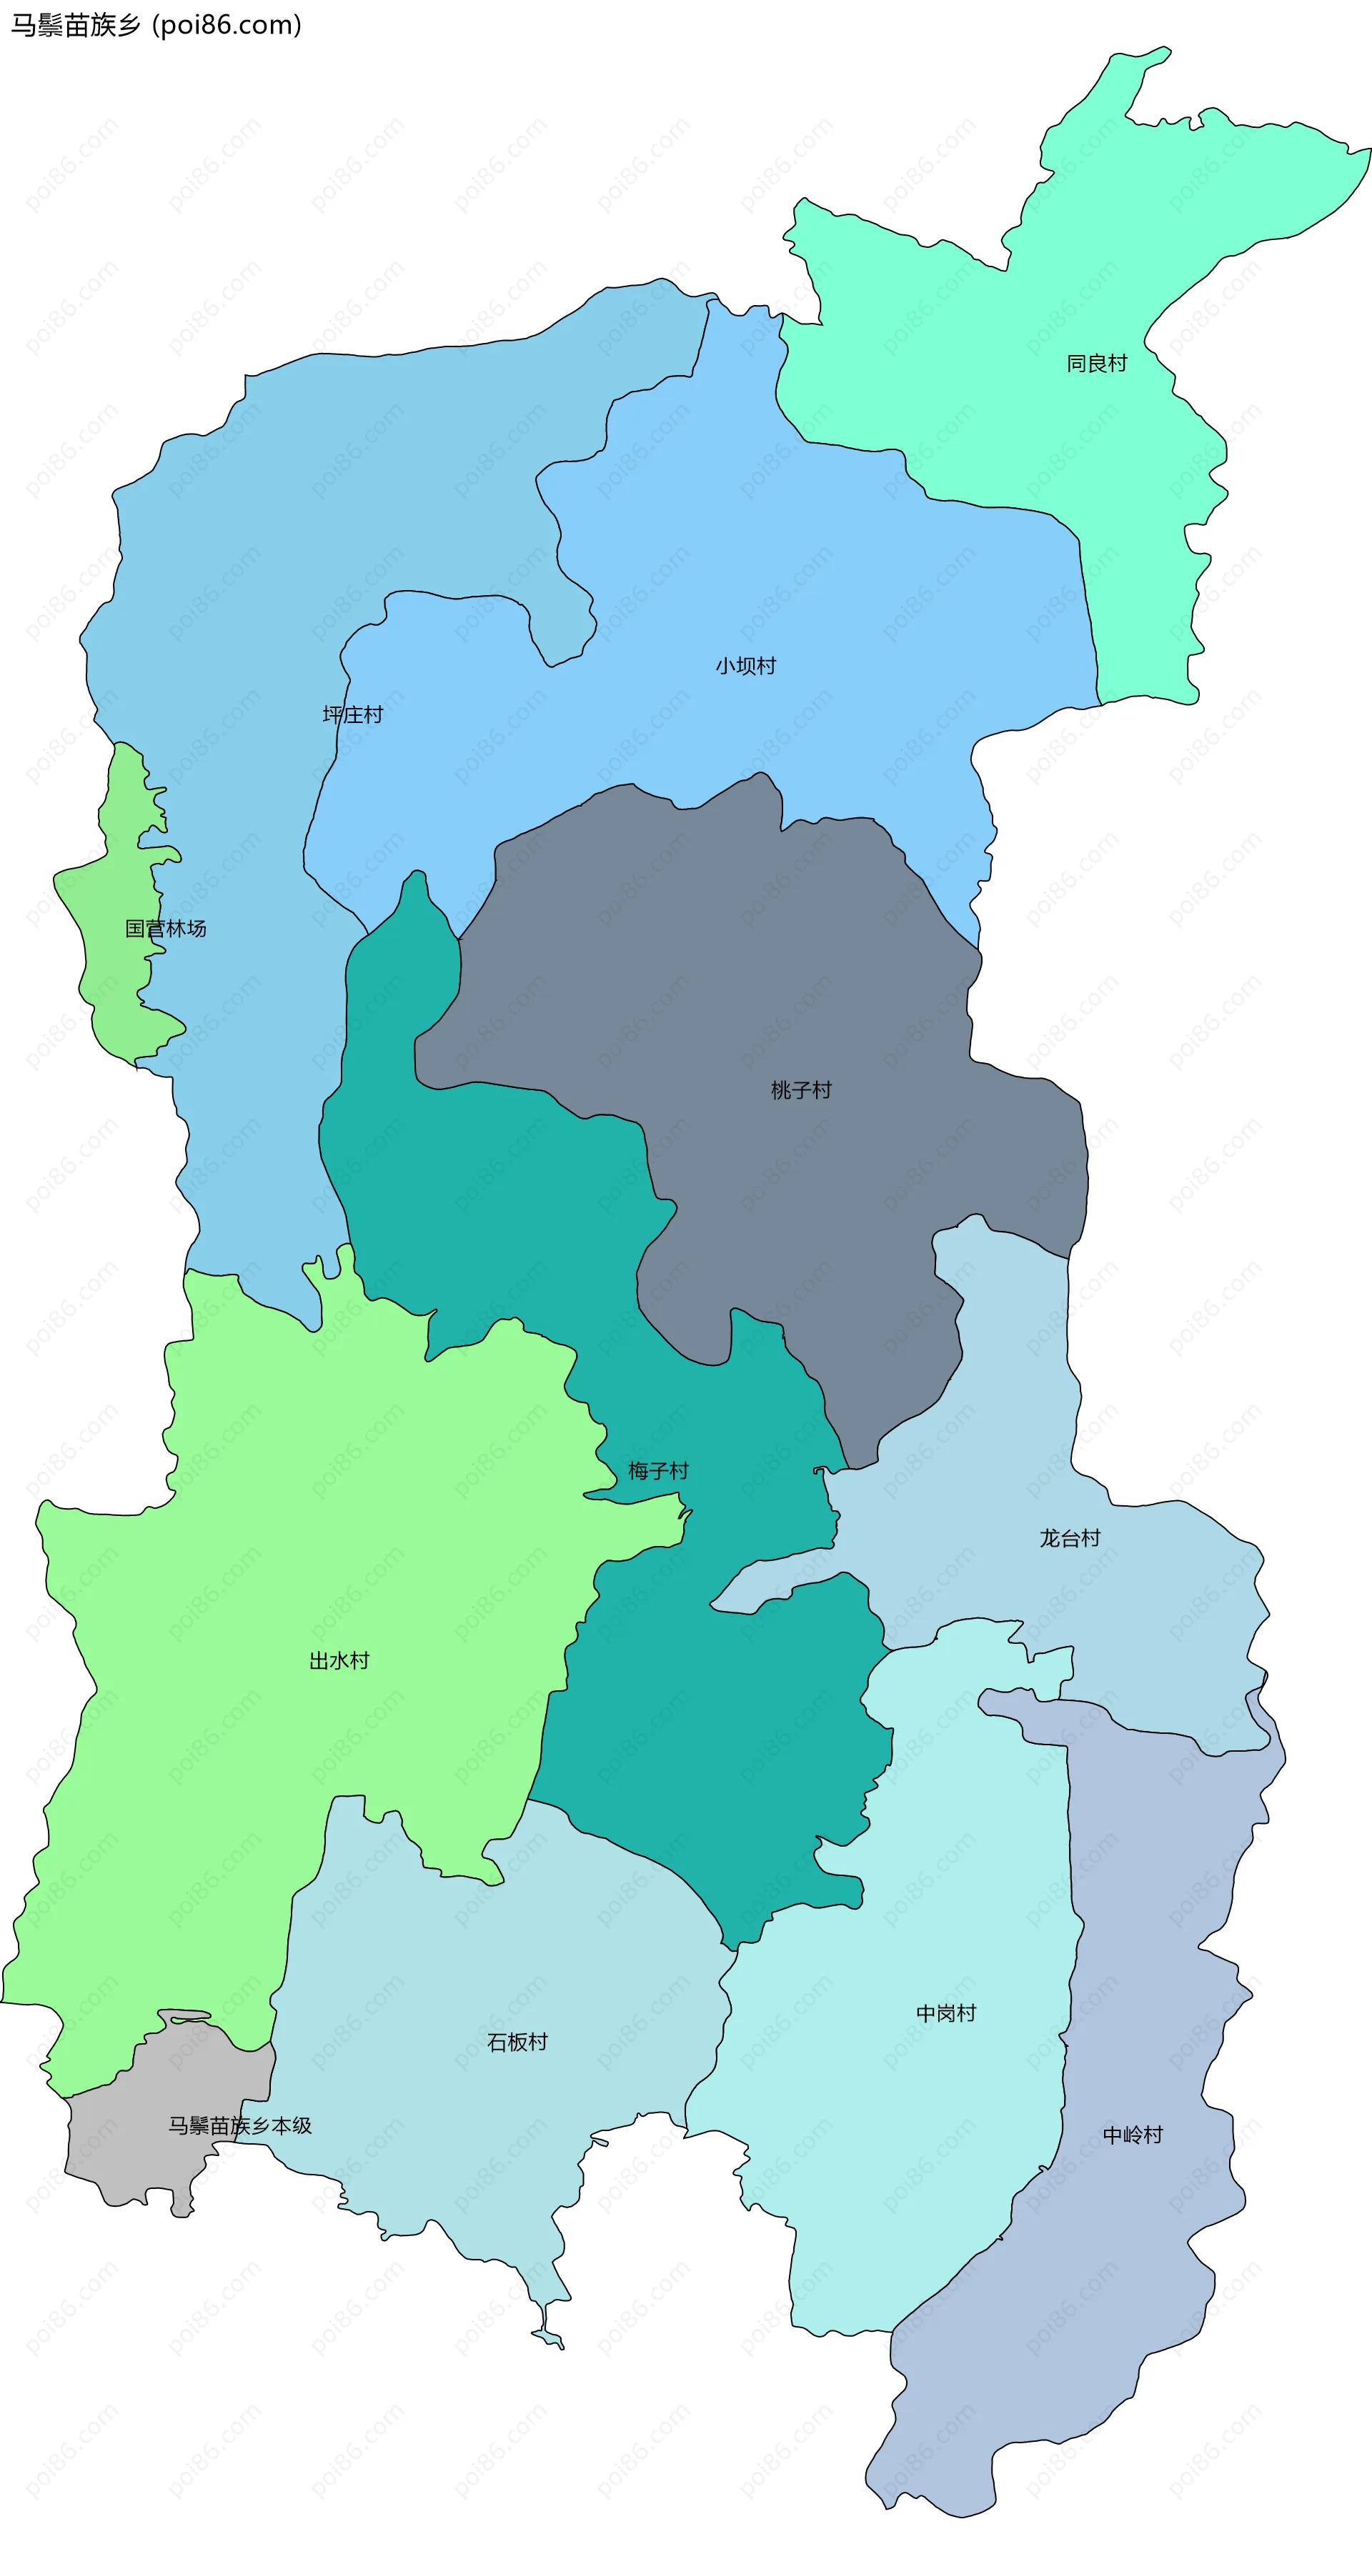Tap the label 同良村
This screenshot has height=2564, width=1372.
point(1096,364)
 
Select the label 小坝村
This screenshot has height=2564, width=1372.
point(745,666)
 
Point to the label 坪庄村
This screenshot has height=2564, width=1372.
point(352,714)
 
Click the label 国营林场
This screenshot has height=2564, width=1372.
point(165,929)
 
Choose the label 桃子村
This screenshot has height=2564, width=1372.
point(800,1090)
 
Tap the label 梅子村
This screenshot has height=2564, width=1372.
point(658,1470)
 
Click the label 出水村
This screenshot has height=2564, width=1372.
point(339,1660)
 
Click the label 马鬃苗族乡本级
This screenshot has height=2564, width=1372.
point(240,2125)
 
